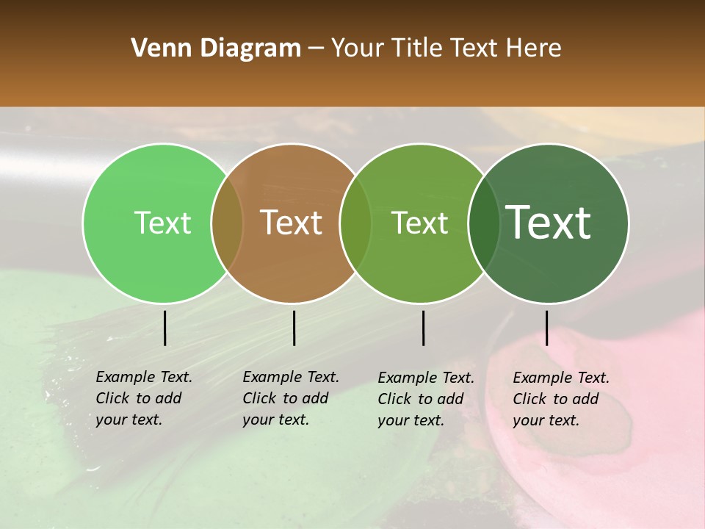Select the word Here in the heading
coord(534,48)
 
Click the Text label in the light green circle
coord(163,223)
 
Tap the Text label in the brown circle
coord(292,223)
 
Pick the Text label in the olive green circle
coord(419,223)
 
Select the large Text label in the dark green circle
coord(549,223)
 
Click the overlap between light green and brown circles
coord(227,223)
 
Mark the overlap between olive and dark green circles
coord(482,223)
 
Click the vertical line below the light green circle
coord(164,328)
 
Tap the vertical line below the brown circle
coord(294,328)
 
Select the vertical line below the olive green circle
coord(423,328)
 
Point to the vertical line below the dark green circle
coord(546,328)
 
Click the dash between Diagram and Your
coord(315,49)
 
